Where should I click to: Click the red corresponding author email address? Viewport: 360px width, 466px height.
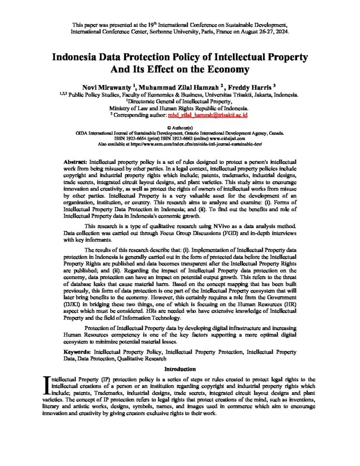pyautogui.click(x=208, y=116)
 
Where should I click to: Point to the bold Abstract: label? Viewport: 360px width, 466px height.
pyautogui.click(x=76, y=162)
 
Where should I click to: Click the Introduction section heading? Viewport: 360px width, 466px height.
pyautogui.click(x=180, y=369)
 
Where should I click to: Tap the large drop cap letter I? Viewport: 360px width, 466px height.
pyautogui.click(x=46, y=385)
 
